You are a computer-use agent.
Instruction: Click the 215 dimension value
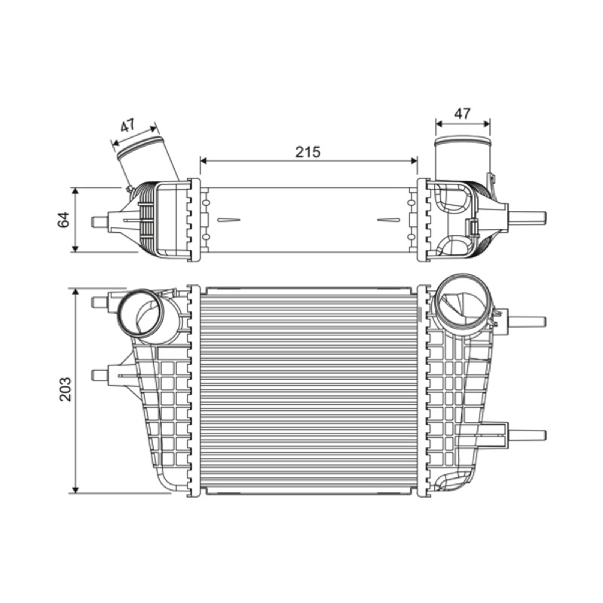point(308,152)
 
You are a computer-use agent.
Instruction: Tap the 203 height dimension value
point(66,389)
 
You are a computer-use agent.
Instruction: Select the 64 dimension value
point(64,219)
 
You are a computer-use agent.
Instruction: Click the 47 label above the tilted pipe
point(128,125)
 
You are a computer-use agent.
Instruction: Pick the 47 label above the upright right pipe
point(462,114)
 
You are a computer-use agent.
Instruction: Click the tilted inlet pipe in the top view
point(146,158)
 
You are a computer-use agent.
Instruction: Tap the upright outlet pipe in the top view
point(463,158)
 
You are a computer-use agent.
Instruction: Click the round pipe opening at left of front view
point(139,312)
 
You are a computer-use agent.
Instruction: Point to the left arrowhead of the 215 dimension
point(204,161)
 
